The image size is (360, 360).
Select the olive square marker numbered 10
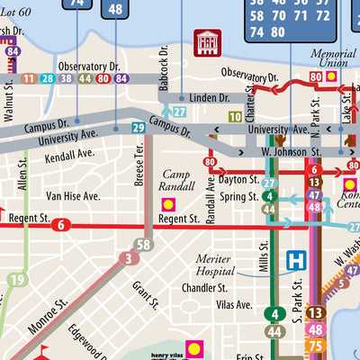pyautogui.click(x=235, y=116)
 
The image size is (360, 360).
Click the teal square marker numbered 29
pyautogui.click(x=138, y=129)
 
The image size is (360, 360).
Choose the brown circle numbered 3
pyautogui.click(x=130, y=260)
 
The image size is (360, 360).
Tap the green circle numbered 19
pyautogui.click(x=16, y=280)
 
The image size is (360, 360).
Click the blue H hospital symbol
pyautogui.click(x=294, y=261)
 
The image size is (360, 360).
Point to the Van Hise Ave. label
pyautogui.click(x=73, y=195)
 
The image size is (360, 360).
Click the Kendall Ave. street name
pyautogui.click(x=69, y=155)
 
